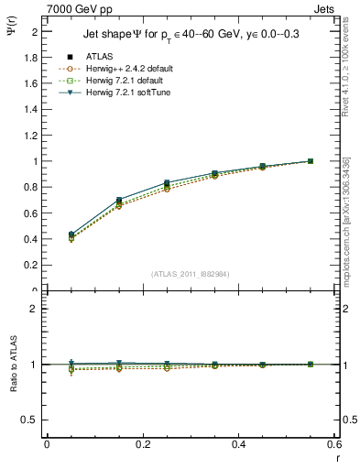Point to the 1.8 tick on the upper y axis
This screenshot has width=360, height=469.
pos(31,57)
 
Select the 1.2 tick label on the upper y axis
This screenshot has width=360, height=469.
pos(31,135)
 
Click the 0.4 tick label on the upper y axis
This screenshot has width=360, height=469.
pos(31,239)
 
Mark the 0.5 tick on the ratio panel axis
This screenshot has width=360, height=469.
pos(30,420)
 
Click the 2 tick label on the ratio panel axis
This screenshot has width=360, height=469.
pos(35,309)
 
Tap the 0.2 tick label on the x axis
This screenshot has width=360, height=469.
pos(142,444)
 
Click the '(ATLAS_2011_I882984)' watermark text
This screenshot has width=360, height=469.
pos(191,273)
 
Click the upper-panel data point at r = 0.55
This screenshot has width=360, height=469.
pos(310,161)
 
